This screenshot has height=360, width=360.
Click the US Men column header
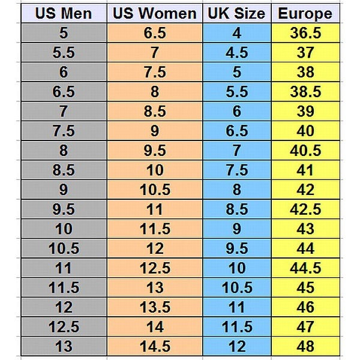click(x=63, y=14)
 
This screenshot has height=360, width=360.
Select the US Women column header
click(x=155, y=14)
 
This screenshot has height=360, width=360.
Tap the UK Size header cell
click(x=236, y=14)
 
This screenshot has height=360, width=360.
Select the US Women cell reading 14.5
click(x=155, y=346)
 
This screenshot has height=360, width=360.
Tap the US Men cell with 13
click(x=63, y=346)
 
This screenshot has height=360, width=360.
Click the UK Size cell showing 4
click(x=236, y=34)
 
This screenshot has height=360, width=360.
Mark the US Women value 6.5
click(x=155, y=34)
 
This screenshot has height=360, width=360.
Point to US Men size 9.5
click(x=63, y=209)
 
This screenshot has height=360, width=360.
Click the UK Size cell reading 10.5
click(x=236, y=287)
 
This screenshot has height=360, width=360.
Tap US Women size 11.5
click(x=155, y=229)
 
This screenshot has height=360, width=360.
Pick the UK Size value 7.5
click(x=236, y=170)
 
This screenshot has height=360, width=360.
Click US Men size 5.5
click(x=63, y=53)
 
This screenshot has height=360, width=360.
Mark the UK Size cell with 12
click(x=236, y=346)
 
